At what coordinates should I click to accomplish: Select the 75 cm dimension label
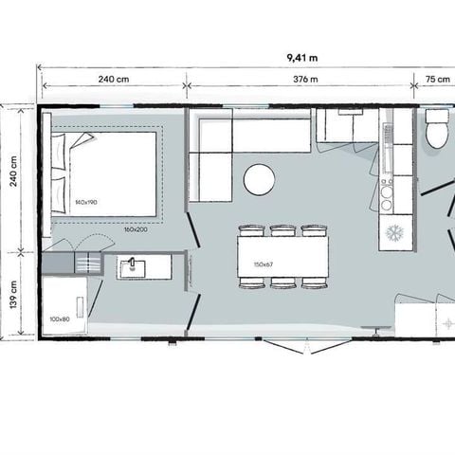point(437,80)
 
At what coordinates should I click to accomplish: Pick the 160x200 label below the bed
point(134,229)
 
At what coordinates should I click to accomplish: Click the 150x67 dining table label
point(264,264)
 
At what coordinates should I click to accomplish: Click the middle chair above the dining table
point(282,230)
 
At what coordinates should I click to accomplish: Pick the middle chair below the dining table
point(282,282)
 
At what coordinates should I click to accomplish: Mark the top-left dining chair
point(251,230)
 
